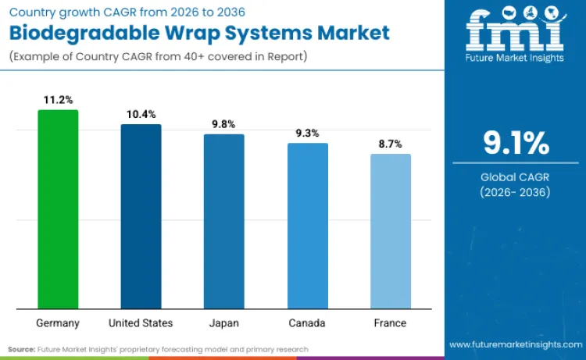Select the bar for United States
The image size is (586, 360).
(x=141, y=216)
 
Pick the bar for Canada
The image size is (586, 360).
(x=307, y=226)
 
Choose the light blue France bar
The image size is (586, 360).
(x=390, y=231)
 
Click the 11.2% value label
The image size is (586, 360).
(x=58, y=100)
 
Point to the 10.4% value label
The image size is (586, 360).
(x=141, y=114)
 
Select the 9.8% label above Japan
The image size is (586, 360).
(x=223, y=124)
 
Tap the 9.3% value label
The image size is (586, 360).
(x=307, y=133)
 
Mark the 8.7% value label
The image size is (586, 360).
(x=390, y=144)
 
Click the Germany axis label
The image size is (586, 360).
(x=58, y=323)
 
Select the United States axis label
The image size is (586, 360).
(x=141, y=323)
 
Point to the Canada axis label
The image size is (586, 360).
(x=307, y=323)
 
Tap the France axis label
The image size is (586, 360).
(x=390, y=323)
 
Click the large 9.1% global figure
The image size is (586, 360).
(x=516, y=144)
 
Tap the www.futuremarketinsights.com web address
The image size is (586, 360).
(x=515, y=344)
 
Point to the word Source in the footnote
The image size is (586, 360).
(x=22, y=349)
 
